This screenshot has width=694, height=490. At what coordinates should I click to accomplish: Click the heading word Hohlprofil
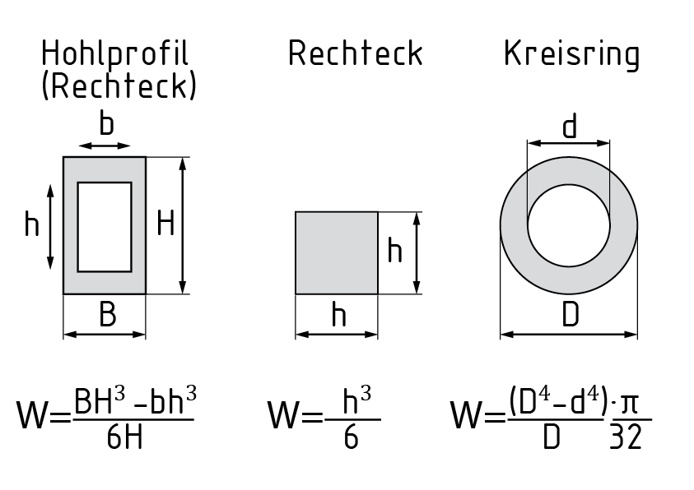click(114, 54)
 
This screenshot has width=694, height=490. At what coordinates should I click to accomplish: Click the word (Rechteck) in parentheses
click(119, 86)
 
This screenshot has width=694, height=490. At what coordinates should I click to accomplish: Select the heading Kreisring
click(571, 54)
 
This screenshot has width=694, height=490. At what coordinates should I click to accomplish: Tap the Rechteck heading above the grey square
click(355, 54)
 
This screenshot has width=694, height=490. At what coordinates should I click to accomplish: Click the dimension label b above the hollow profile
click(106, 125)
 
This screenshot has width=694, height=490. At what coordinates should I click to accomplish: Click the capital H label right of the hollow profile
click(165, 224)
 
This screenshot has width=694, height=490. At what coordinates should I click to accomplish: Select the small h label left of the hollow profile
click(31, 224)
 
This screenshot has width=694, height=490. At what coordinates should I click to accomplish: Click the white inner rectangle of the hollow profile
click(105, 227)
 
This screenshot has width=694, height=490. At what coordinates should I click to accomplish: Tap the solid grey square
click(337, 252)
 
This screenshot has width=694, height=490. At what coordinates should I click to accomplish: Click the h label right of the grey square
click(395, 251)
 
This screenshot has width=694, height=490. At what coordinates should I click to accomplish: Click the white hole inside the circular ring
click(569, 224)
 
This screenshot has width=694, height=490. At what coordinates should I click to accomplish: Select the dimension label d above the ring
click(570, 127)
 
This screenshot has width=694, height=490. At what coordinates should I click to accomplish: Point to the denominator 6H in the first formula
click(124, 437)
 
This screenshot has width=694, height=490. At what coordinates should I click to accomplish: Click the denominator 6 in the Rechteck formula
click(352, 437)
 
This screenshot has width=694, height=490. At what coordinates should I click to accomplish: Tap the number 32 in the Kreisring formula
click(626, 437)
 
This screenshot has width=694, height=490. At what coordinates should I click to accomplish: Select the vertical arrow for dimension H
click(184, 224)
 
